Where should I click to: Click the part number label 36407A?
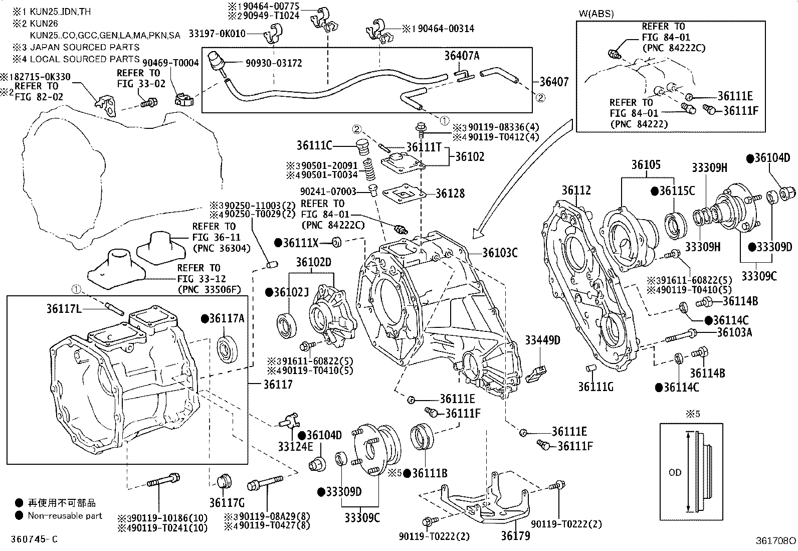coord(462,56)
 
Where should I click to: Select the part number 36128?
coord(450,193)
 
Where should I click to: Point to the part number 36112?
coord(576,191)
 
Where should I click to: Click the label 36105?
coord(646,165)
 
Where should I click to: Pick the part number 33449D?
coord(542,340)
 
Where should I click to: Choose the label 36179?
coord(515,535)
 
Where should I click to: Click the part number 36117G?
coord(227,503)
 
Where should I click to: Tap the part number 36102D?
coord(313,262)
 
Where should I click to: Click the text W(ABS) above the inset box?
coord(596,14)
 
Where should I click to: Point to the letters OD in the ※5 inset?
coord(675,472)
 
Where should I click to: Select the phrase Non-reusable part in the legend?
coord(65,515)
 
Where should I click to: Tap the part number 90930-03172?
coord(274,63)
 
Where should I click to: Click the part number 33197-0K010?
coord(217,34)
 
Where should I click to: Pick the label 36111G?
coord(596,387)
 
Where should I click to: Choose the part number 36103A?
coord(734,332)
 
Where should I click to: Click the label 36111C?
coord(314,145)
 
